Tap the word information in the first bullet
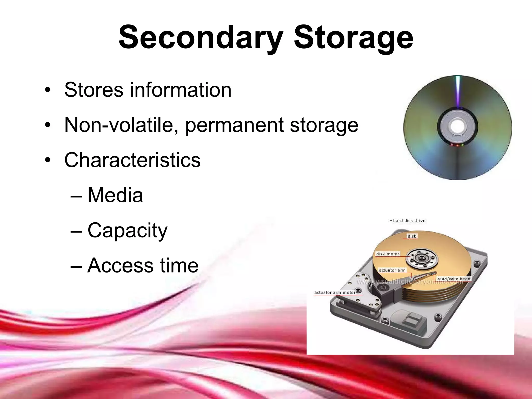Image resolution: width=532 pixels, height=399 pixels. pyautogui.click(x=180, y=90)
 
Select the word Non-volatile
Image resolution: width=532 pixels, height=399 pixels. pyautogui.click(x=121, y=125)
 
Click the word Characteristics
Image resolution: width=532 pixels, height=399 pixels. pyautogui.click(x=132, y=160)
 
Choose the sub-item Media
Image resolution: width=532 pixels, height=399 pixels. pyautogui.click(x=115, y=195)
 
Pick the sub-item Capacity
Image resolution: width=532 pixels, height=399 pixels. pyautogui.click(x=128, y=231)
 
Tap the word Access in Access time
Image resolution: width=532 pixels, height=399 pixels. pyautogui.click(x=121, y=265)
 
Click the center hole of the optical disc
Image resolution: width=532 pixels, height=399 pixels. pyautogui.click(x=457, y=127)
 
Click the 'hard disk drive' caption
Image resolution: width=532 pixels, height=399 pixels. pyautogui.click(x=409, y=221)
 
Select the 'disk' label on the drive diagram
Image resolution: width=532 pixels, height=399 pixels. pyautogui.click(x=412, y=236)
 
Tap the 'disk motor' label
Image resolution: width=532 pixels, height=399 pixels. pyautogui.click(x=388, y=254)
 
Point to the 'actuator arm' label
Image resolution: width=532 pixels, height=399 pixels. pyautogui.click(x=392, y=270)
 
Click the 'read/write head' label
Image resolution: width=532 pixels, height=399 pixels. pyautogui.click(x=454, y=279)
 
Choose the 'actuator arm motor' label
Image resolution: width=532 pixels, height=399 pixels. pyautogui.click(x=335, y=292)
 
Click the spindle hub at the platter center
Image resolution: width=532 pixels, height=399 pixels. pyautogui.click(x=422, y=258)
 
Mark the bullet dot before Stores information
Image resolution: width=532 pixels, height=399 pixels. pyautogui.click(x=47, y=90)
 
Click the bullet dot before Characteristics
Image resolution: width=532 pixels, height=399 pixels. pyautogui.click(x=47, y=160)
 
